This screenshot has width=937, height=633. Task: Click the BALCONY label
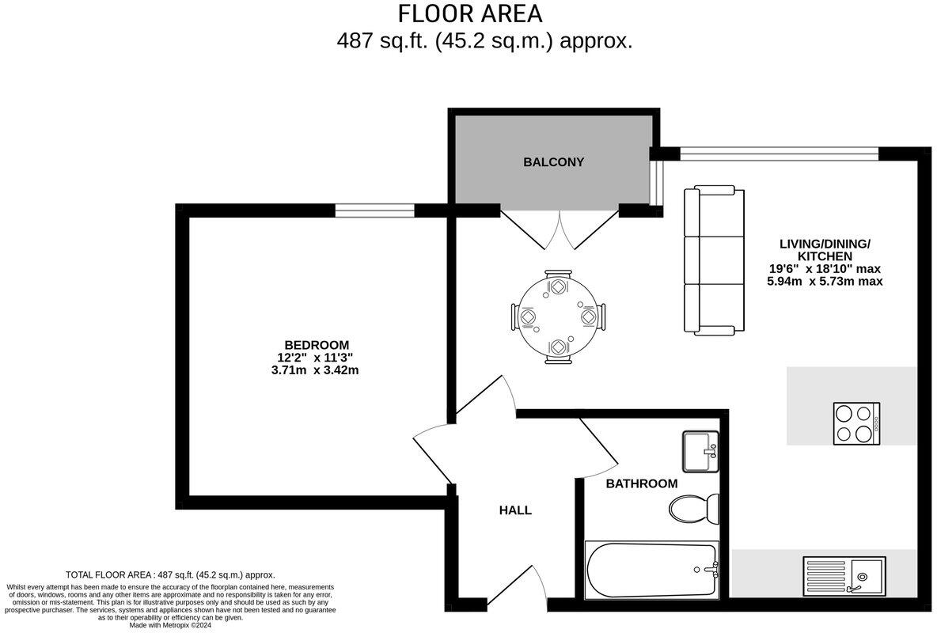pyautogui.click(x=553, y=162)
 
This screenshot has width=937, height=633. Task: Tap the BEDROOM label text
pyautogui.click(x=317, y=345)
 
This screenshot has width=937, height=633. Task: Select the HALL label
pyautogui.click(x=515, y=510)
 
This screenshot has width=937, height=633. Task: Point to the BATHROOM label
pyautogui.click(x=642, y=483)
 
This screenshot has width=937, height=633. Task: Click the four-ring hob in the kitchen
pyautogui.click(x=856, y=423)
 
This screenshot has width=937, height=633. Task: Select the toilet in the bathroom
pyautogui.click(x=693, y=507)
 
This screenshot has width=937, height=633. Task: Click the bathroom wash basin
pyautogui.click(x=700, y=452)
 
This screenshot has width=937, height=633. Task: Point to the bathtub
pyautogui.click(x=651, y=570)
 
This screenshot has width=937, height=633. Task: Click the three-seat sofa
pyautogui.click(x=714, y=260)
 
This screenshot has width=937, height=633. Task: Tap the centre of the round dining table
pyautogui.click(x=558, y=316)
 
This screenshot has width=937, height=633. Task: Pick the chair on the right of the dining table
pyautogui.click(x=592, y=316)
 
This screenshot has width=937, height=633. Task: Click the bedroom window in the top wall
pyautogui.click(x=374, y=210)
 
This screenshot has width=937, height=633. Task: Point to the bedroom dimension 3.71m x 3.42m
pyautogui.click(x=317, y=370)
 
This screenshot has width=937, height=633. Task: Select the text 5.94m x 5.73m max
pyautogui.click(x=825, y=281)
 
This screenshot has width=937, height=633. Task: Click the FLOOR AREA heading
pyautogui.click(x=470, y=14)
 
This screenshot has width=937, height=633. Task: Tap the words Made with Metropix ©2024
pyautogui.click(x=171, y=625)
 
